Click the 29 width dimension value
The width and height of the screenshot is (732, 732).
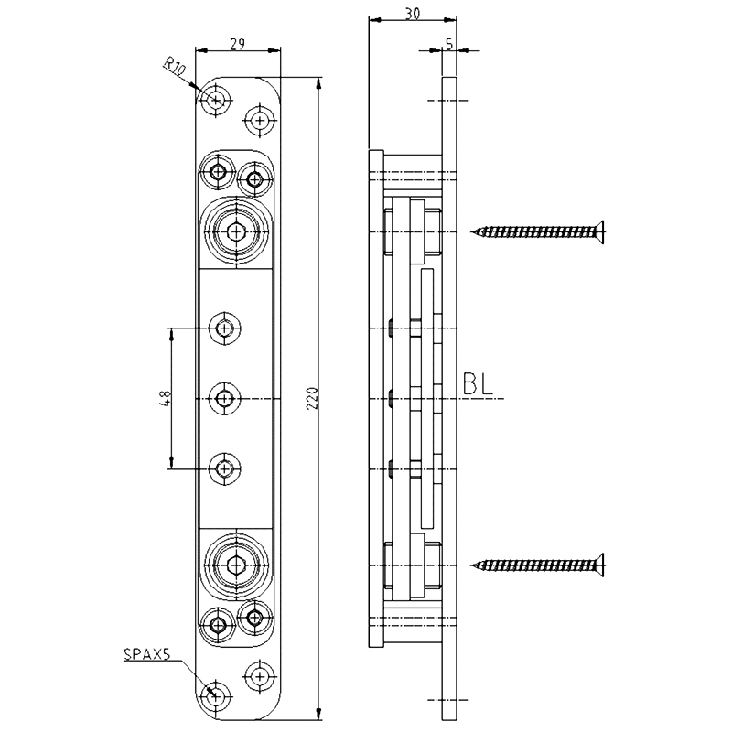click(238, 44)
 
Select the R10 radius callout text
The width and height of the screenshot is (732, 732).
click(175, 66)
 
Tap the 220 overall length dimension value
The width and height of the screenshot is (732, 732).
click(312, 398)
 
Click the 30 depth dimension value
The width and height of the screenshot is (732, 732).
click(412, 15)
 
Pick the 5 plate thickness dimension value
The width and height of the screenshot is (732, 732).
click(449, 44)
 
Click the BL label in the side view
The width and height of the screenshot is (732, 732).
click(478, 384)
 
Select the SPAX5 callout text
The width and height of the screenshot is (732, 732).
click(146, 654)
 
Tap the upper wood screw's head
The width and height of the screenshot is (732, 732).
click(600, 231)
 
